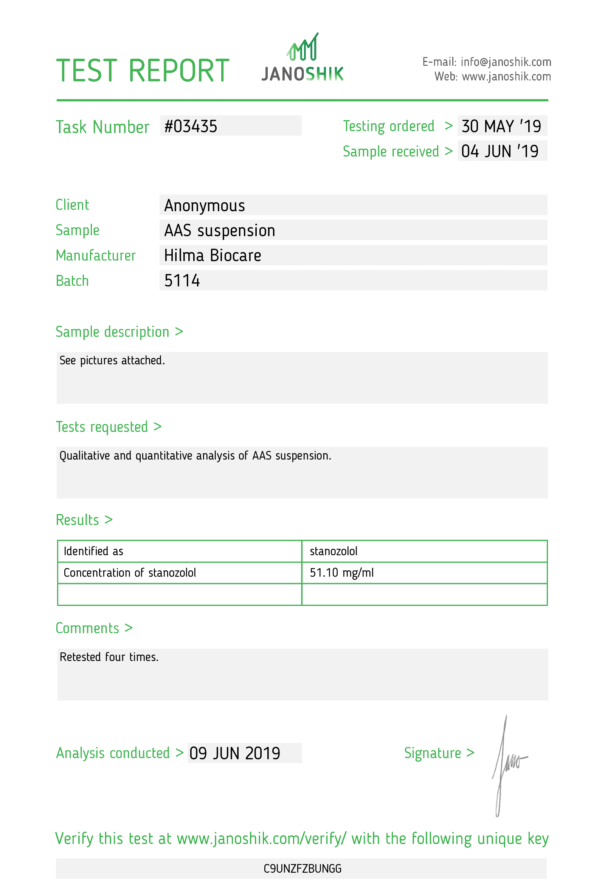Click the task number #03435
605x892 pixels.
click(191, 126)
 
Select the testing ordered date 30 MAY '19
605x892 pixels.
click(501, 126)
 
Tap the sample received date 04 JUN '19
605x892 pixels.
click(500, 151)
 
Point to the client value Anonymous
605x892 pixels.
click(204, 205)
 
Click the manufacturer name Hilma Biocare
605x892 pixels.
click(212, 256)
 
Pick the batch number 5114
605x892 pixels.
click(182, 280)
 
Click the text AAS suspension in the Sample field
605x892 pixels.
click(220, 231)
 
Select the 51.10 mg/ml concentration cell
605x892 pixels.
click(341, 573)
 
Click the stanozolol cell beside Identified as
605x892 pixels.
click(333, 551)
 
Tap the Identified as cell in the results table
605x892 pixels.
click(93, 551)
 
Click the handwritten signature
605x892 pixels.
click(507, 764)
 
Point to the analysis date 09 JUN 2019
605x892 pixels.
click(234, 753)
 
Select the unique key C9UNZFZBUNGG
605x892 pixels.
click(302, 869)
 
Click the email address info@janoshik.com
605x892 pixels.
click(506, 62)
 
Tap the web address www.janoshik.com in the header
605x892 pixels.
click(506, 77)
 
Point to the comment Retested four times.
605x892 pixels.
click(109, 657)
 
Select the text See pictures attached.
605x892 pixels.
click(112, 361)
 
